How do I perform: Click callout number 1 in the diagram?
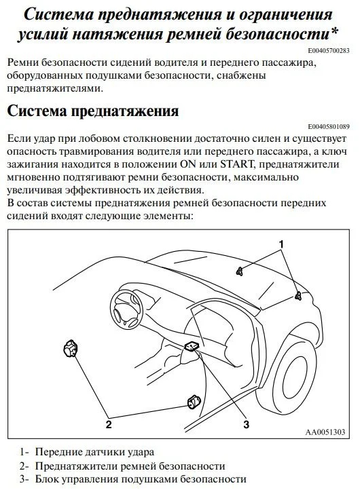[x=281, y=244]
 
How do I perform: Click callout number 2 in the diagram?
[x=109, y=425]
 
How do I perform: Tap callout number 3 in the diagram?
[x=247, y=425]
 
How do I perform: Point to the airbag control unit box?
[x=192, y=346]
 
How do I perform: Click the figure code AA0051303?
[x=325, y=432]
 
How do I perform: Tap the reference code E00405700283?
[x=329, y=50]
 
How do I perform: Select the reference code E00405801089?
[x=329, y=127]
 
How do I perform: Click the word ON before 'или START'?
[x=188, y=164]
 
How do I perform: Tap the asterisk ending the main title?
[x=334, y=31]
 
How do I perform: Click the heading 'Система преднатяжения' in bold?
[x=93, y=111]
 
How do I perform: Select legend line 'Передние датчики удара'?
[x=94, y=452]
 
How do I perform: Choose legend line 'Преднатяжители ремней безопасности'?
[x=130, y=466]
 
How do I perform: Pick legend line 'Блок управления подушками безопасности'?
[x=141, y=479]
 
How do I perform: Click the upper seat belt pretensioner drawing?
[x=71, y=348]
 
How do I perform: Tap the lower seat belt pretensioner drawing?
[x=194, y=402]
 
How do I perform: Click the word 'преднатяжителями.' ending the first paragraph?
[x=55, y=89]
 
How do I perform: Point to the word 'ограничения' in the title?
[x=285, y=15]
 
